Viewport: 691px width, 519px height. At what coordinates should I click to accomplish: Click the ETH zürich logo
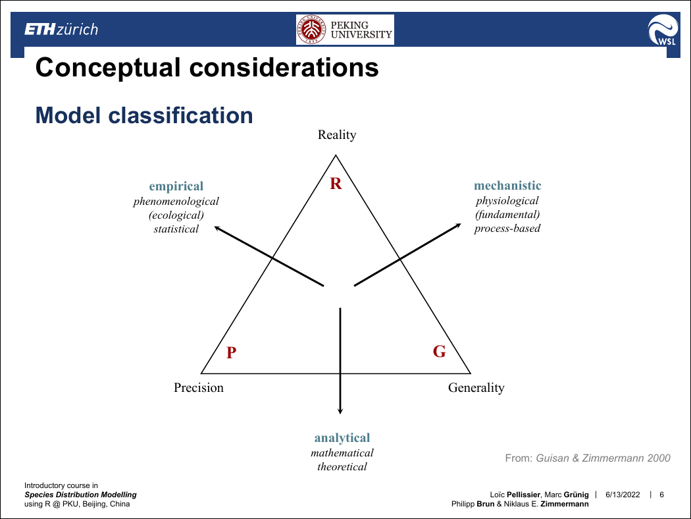click(x=61, y=30)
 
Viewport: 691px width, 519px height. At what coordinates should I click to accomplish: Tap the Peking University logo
click(x=345, y=30)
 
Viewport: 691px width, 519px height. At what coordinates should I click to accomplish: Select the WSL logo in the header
click(x=663, y=30)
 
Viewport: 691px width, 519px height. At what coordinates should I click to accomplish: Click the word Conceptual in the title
click(x=108, y=67)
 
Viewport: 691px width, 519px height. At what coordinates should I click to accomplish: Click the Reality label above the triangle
click(x=337, y=135)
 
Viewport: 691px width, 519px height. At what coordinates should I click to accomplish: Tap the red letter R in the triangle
click(x=336, y=184)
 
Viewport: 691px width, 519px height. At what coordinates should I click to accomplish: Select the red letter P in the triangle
click(x=232, y=352)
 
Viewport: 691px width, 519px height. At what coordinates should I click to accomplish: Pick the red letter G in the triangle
click(x=440, y=352)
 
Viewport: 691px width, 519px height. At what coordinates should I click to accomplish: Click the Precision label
click(x=198, y=387)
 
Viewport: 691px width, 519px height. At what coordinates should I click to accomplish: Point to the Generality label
click(x=476, y=387)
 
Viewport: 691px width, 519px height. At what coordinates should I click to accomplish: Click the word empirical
click(x=176, y=186)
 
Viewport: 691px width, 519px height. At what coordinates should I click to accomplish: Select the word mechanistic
click(x=507, y=186)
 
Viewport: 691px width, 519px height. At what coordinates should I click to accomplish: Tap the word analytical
click(x=342, y=438)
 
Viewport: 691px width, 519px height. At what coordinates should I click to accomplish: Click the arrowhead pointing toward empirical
click(x=217, y=228)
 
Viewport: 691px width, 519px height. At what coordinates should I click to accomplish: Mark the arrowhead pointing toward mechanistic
click(x=458, y=226)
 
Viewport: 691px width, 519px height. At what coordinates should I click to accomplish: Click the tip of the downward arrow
click(x=340, y=414)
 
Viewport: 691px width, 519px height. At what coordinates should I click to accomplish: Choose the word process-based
click(x=507, y=229)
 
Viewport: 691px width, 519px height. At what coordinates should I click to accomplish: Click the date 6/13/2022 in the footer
click(x=623, y=495)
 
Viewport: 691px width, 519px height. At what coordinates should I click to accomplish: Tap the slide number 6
click(x=661, y=495)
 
